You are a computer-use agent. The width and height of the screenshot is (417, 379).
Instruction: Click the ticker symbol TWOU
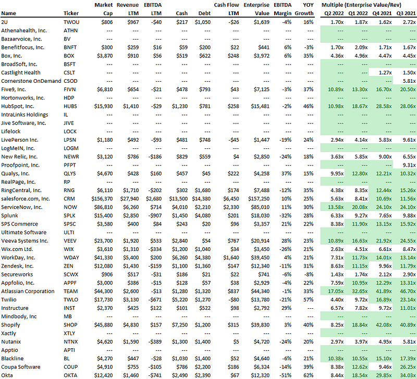tap(71, 22)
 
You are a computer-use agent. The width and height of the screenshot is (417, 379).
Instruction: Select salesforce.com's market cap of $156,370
tap(102, 199)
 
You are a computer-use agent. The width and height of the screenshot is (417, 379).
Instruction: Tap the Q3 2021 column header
tap(406, 14)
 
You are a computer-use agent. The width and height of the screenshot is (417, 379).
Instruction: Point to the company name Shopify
tap(10, 325)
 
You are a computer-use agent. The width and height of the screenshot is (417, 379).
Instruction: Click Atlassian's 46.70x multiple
tap(408, 292)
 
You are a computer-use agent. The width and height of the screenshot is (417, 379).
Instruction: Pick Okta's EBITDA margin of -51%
tap(286, 375)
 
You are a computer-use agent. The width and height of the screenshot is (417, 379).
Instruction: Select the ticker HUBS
tap(70, 106)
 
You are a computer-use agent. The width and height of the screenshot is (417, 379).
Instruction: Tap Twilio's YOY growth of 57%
tap(309, 299)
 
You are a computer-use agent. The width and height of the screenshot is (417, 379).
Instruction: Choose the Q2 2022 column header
tap(334, 14)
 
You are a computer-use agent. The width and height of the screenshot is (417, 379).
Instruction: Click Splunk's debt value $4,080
tap(203, 216)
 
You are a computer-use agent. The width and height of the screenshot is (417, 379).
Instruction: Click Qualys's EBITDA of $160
tap(156, 173)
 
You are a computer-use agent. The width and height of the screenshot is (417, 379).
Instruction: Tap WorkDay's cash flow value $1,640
tap(231, 258)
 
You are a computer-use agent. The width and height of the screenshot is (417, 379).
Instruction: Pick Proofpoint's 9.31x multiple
tap(409, 165)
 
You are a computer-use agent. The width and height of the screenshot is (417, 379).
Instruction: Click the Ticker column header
tap(71, 14)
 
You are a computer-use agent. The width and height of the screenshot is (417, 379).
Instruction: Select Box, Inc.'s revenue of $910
tap(133, 56)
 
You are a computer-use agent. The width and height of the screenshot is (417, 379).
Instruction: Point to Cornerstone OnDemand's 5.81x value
tap(409, 81)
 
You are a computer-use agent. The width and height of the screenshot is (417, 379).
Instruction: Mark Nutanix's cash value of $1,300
tap(180, 342)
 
